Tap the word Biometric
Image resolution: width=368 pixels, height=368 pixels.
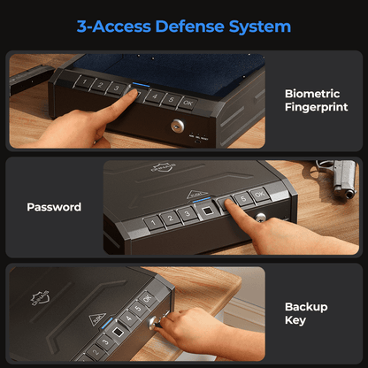click(312, 94)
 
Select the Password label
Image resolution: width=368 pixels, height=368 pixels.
click(54, 207)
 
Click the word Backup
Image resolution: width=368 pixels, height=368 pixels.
click(306, 307)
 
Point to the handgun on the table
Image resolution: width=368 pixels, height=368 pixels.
click(339, 176)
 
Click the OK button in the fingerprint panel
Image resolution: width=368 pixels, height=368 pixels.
click(188, 103)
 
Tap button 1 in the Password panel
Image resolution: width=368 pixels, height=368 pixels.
click(153, 223)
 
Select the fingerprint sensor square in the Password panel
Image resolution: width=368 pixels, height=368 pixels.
click(207, 211)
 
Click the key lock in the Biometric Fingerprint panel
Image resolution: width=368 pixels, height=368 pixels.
click(178, 126)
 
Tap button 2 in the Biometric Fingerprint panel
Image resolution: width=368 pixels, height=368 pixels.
click(100, 85)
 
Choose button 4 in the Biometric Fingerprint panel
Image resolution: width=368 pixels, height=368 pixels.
click(155, 96)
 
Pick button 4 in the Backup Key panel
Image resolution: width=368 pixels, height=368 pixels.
click(129, 318)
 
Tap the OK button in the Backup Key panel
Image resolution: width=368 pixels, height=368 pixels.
click(148, 298)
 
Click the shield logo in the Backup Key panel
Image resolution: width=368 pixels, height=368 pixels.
click(41, 298)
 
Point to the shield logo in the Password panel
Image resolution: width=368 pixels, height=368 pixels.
click(163, 167)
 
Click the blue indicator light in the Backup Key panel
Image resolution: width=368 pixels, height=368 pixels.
click(107, 323)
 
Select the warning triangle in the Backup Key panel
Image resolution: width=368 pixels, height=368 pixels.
click(97, 319)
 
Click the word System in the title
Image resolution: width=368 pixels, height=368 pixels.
click(260, 27)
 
